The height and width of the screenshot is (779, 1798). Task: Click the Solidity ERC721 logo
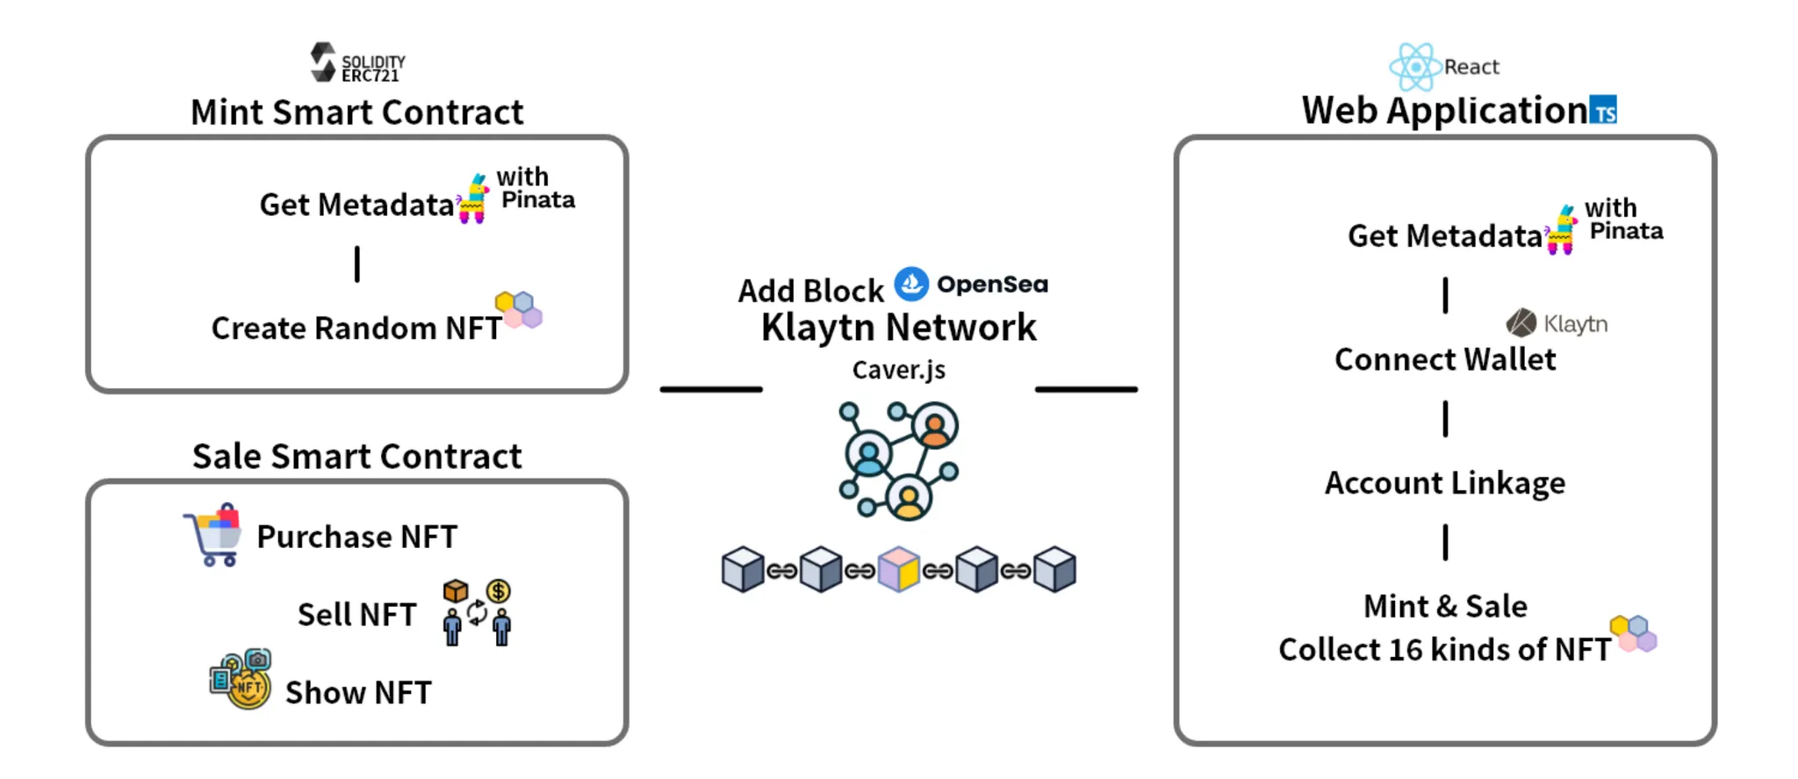coord(323,62)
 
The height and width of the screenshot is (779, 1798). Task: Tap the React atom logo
coord(1414,67)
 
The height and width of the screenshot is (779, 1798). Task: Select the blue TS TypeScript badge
coord(1603,111)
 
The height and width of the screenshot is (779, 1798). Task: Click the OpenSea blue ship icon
coord(911,284)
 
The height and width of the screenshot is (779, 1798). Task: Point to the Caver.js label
coord(898,370)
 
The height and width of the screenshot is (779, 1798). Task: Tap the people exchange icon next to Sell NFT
coord(477,613)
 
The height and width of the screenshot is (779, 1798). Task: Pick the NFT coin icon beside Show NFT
coord(241,679)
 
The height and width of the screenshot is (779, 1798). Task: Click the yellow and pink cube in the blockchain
coord(899,569)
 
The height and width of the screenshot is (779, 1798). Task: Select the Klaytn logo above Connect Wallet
coord(1521,323)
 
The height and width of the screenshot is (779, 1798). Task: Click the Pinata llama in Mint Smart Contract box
coord(474,199)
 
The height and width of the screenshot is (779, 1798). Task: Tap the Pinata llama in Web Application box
coord(1563,230)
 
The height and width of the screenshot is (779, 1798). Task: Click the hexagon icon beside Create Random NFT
coord(519,309)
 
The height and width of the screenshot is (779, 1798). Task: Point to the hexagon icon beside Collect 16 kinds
coord(1633,633)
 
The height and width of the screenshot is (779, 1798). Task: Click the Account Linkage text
coord(1444,483)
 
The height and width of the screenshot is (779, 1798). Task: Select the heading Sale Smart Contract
coord(356,457)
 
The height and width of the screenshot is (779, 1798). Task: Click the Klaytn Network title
coord(898,328)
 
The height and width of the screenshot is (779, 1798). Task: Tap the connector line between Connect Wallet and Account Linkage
coord(1445,419)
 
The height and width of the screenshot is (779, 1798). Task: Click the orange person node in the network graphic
coord(934,426)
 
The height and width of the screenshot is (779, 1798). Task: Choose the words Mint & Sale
coord(1444,606)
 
